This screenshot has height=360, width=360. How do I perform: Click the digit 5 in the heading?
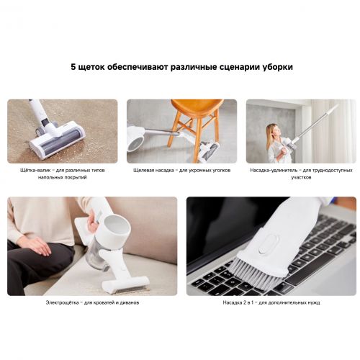[x=73, y=66]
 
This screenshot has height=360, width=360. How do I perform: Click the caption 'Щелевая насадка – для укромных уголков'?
[x=181, y=170]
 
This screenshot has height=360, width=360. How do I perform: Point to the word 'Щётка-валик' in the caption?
[x=35, y=170]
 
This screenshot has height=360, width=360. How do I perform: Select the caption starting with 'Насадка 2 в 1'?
[x=271, y=302]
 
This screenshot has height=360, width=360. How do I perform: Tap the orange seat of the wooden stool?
[x=196, y=106]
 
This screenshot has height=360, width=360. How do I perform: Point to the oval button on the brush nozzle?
[x=269, y=243]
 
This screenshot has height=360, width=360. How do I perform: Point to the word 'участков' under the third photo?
[x=301, y=177]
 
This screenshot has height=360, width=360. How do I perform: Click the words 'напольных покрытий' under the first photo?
[x=62, y=177]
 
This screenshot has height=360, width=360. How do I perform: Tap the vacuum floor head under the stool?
[x=209, y=150]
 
